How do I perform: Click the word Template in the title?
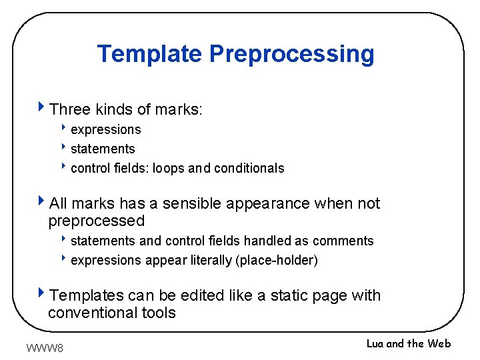(x=150, y=53)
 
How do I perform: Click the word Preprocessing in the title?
(x=292, y=54)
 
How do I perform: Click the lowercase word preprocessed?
(x=96, y=221)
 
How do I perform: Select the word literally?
(x=208, y=261)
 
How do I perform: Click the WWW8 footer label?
(x=45, y=347)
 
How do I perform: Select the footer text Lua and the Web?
(x=409, y=343)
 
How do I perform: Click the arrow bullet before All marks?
(x=42, y=201)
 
